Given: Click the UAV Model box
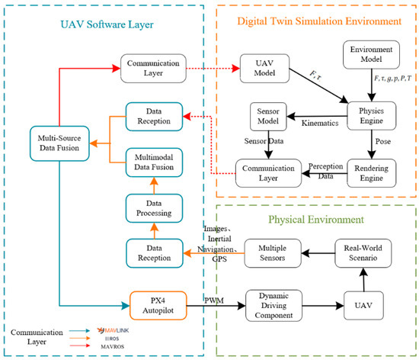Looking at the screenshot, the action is click(x=264, y=68).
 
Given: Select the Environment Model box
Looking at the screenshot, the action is click(x=371, y=55).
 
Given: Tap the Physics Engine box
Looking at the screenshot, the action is click(x=372, y=116).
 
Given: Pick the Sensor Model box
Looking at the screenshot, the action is click(x=268, y=117).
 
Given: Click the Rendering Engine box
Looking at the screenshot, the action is click(x=372, y=173).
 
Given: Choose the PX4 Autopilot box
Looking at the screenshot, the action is click(x=158, y=305).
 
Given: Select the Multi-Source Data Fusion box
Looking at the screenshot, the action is click(x=59, y=143).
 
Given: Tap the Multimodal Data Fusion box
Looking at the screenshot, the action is click(x=154, y=162).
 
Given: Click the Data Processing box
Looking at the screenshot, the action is click(x=154, y=208).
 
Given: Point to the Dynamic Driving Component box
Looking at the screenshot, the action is click(x=274, y=305).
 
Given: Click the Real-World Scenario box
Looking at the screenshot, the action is click(x=363, y=253).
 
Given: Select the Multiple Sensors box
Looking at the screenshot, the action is click(x=273, y=253).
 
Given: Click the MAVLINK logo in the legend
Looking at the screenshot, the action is click(x=113, y=330).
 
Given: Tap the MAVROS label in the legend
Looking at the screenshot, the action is click(x=113, y=346).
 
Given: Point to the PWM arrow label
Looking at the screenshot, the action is click(x=214, y=301).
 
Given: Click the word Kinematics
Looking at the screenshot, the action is click(x=320, y=123).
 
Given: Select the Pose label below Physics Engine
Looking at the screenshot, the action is click(x=383, y=141).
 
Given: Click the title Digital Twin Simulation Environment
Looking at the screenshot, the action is click(x=319, y=21).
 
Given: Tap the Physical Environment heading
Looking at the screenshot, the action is click(x=316, y=220).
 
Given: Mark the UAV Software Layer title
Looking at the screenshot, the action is click(x=107, y=24).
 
